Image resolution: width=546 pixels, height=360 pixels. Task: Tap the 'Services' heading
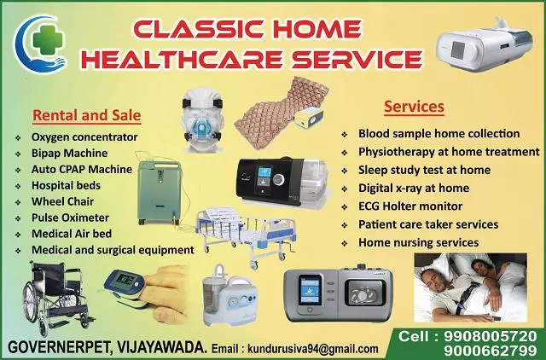click(x=414, y=107)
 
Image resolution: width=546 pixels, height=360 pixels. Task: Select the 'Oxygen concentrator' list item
click(x=84, y=137)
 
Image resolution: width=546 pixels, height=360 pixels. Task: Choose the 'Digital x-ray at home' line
click(x=414, y=188)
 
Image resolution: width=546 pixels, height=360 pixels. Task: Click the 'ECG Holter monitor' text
click(x=410, y=206)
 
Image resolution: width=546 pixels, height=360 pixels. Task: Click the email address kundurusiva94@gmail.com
click(x=311, y=349)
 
